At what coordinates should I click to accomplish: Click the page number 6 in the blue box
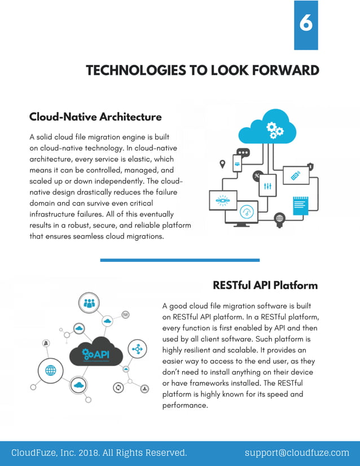point(306,24)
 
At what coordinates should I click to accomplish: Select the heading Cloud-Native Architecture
point(95,117)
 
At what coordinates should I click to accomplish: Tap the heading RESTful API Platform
point(265,285)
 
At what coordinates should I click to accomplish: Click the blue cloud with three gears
point(267,128)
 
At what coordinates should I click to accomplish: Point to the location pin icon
point(222,164)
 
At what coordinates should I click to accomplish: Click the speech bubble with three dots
point(243,152)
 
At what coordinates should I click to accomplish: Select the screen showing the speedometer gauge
point(247,213)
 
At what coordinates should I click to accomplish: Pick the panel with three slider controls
point(267,184)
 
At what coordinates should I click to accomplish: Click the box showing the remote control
point(296,176)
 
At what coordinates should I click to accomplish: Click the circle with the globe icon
point(50,371)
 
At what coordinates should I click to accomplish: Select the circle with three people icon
point(89,303)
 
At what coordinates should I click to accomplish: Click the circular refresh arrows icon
point(118,388)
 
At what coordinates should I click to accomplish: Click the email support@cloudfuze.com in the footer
point(297,452)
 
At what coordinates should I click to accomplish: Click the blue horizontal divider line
point(179,260)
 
